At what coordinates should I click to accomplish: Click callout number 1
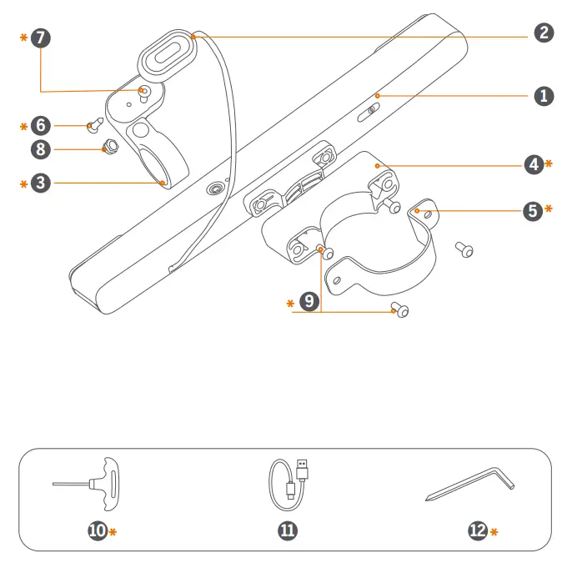tap(544, 96)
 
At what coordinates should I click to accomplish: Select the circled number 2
tap(544, 33)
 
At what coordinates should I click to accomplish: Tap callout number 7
tap(40, 38)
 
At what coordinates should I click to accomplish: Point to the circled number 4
tap(534, 164)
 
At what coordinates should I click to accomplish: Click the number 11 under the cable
tap(287, 530)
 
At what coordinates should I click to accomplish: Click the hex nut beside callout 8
tap(108, 148)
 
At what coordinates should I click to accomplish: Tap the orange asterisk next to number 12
tap(494, 531)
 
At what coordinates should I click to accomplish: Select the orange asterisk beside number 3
tap(23, 183)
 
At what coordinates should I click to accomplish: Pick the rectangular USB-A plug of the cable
tap(303, 471)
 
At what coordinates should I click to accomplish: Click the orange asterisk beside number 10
tap(113, 531)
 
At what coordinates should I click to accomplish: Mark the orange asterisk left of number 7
tap(23, 38)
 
